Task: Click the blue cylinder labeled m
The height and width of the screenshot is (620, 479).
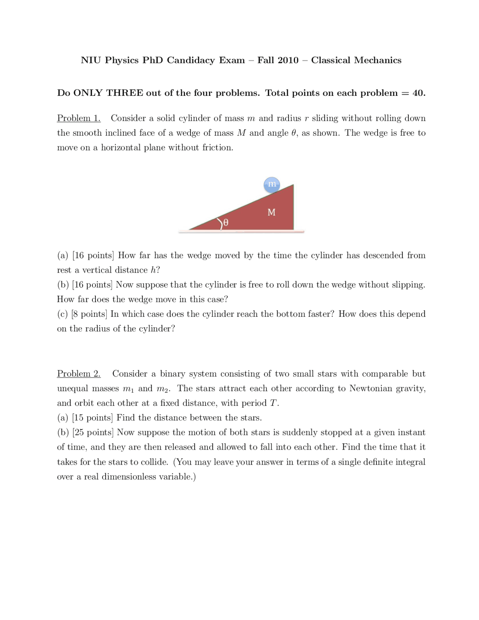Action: point(272,185)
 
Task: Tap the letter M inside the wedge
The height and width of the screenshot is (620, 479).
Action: point(271,213)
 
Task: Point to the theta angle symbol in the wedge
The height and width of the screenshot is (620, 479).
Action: point(225,223)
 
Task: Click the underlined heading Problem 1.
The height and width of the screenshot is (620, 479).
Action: point(79,118)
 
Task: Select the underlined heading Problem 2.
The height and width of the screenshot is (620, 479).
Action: point(79,374)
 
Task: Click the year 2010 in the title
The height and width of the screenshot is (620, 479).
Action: point(288,60)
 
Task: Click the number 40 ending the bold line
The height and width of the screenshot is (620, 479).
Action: point(418,93)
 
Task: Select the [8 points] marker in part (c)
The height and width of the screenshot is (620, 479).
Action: point(89,314)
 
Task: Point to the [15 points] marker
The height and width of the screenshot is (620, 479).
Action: point(92,418)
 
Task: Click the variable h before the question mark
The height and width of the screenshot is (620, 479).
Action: point(153,270)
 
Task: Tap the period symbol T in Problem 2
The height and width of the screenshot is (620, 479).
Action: point(274,403)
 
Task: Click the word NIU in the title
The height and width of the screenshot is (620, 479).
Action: point(91,60)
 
